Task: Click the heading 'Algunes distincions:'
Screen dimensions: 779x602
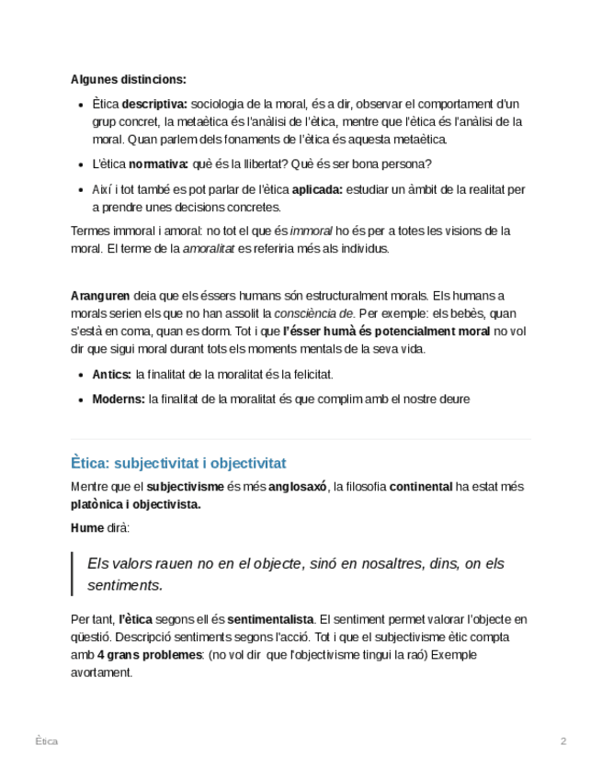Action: click(128, 79)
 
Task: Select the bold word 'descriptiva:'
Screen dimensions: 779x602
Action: click(154, 103)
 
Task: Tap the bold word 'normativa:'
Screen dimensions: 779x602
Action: click(158, 164)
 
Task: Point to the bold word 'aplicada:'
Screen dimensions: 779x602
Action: click(317, 190)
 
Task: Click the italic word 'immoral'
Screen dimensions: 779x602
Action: click(311, 231)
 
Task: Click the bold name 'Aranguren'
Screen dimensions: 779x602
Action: click(100, 296)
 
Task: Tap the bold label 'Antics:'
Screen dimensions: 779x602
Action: click(112, 375)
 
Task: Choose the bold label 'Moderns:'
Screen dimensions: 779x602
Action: click(119, 400)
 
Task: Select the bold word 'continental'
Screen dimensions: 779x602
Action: click(421, 487)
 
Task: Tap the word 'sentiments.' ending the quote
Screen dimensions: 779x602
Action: click(125, 585)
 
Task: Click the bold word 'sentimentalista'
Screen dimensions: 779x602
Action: click(270, 619)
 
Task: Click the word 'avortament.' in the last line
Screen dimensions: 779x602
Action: click(101, 672)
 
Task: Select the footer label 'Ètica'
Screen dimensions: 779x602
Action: click(46, 741)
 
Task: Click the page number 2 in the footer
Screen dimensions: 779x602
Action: click(563, 741)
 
